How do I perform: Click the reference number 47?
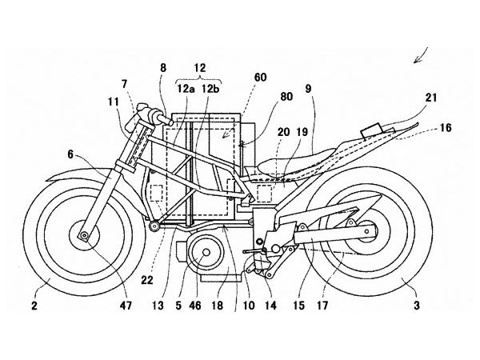(x=126, y=305)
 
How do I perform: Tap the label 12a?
(x=186, y=90)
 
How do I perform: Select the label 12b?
(x=210, y=90)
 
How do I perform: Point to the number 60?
(x=260, y=78)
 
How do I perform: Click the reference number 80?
(x=286, y=97)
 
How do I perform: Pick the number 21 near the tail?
(x=430, y=98)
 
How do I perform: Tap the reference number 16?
(x=446, y=127)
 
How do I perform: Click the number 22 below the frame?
(x=147, y=280)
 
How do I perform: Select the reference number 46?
(x=196, y=306)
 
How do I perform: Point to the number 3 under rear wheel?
(x=417, y=306)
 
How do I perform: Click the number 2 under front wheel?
(x=34, y=306)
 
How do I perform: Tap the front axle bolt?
(x=84, y=235)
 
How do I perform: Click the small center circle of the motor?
(x=206, y=252)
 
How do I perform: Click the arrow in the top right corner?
(x=421, y=55)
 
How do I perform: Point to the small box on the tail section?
(x=371, y=130)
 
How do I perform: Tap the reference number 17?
(x=322, y=306)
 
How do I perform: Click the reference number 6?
(x=70, y=154)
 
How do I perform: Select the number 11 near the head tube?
(x=114, y=102)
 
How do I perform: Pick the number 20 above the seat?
(x=283, y=132)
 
